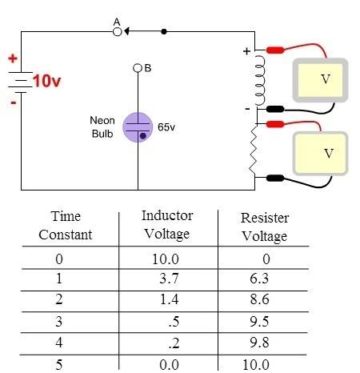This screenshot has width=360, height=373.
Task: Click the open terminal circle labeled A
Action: coord(118,32)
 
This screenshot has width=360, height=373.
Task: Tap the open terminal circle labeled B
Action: coord(138,68)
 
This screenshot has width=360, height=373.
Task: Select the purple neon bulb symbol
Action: coord(138,127)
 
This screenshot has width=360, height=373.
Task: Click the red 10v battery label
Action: coord(47,81)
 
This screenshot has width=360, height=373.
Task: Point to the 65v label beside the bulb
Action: coord(166,127)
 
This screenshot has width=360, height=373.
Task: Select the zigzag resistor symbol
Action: coord(254,150)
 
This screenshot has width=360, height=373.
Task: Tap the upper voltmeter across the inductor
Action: coord(320,80)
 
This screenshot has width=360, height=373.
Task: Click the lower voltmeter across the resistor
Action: coord(320,154)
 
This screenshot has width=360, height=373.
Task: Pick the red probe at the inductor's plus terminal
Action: coord(275,50)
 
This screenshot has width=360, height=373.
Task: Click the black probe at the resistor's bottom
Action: coord(275,178)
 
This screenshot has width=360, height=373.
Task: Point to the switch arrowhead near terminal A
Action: coord(126,31)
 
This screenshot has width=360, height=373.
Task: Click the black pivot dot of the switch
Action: coord(164,32)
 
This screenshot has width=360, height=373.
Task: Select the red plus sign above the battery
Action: coord(13,58)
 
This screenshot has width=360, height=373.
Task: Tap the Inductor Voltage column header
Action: coord(167,225)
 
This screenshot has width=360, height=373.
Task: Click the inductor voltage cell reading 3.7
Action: coord(169,279)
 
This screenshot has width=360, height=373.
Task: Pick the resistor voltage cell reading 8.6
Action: coord(259,299)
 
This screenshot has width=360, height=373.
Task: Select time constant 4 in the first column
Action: coord(59,343)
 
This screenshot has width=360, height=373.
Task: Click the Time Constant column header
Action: coord(66,226)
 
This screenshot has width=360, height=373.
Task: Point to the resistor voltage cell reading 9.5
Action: coord(259,322)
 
